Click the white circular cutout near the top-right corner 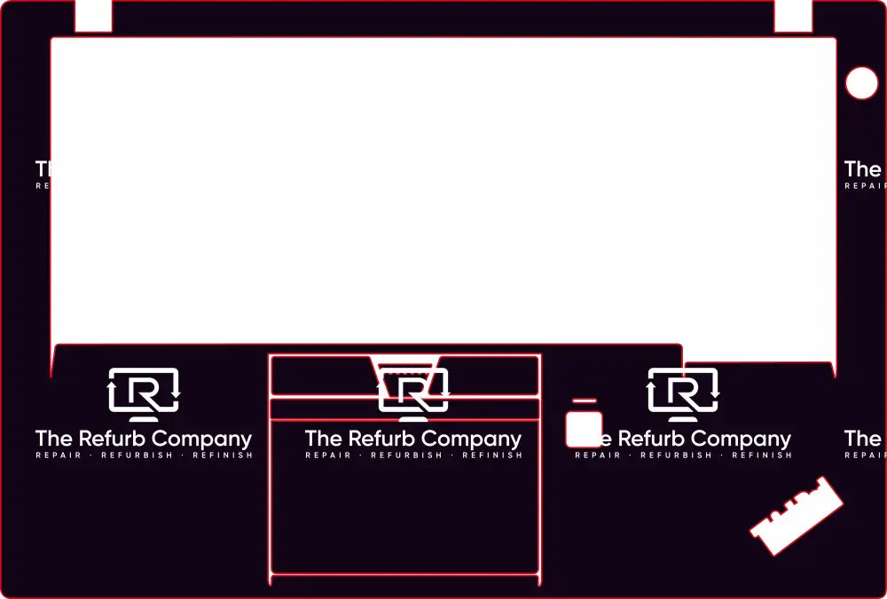(861, 83)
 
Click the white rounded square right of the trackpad (584, 429)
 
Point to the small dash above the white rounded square (584, 401)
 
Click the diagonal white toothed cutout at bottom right (797, 517)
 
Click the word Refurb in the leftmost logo (113, 439)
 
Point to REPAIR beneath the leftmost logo (59, 455)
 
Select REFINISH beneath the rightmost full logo (762, 455)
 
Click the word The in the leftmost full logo (53, 439)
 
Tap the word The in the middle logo (323, 439)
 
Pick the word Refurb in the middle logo (382, 439)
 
